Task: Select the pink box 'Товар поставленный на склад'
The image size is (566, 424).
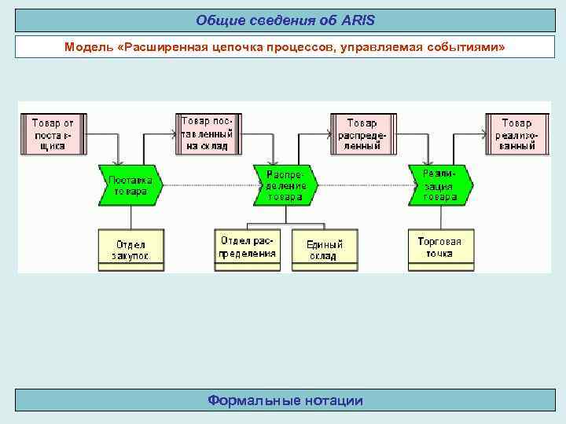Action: pyautogui.click(x=207, y=133)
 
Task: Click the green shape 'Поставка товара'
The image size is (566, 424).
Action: pyautogui.click(x=130, y=185)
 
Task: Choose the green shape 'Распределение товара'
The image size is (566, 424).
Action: pyautogui.click(x=285, y=185)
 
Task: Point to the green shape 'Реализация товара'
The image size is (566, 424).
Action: pyautogui.click(x=440, y=185)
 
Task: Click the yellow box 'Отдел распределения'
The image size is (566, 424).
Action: pyautogui.click(x=248, y=248)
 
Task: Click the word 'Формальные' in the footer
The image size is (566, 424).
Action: pyautogui.click(x=253, y=401)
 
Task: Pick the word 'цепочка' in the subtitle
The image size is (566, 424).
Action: pyautogui.click(x=239, y=48)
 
